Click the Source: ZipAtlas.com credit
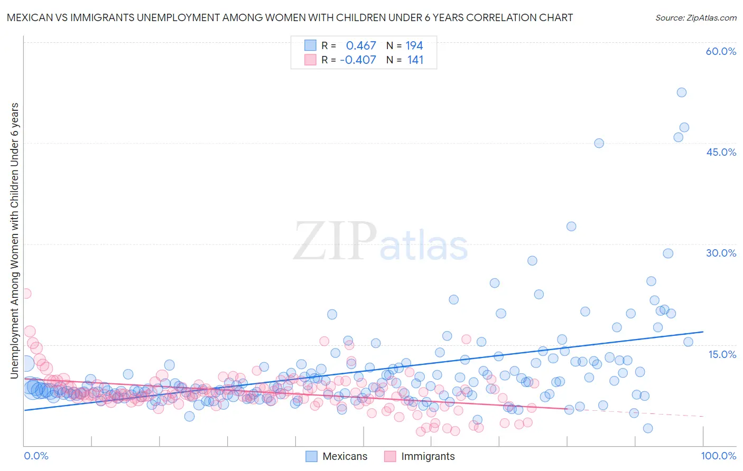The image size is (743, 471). click(695, 18)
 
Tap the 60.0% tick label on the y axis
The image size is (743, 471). click(721, 51)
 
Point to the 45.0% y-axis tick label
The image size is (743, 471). click(721, 152)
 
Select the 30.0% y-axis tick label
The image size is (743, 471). click(721, 253)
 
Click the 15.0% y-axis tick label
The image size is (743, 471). click(722, 354)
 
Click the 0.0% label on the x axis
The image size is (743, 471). click(36, 456)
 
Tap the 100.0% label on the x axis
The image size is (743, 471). click(718, 456)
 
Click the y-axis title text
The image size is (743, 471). click(14, 241)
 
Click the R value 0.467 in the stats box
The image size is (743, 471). click(361, 46)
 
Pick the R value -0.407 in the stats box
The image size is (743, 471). click(358, 60)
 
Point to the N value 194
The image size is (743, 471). click(414, 46)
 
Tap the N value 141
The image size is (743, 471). click(415, 60)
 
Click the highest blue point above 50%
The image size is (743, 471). click(681, 92)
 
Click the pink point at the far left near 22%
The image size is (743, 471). click(25, 294)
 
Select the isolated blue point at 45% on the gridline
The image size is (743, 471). click(599, 143)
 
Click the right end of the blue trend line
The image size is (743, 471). click(702, 332)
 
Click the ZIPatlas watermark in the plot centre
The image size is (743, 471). click(380, 242)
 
